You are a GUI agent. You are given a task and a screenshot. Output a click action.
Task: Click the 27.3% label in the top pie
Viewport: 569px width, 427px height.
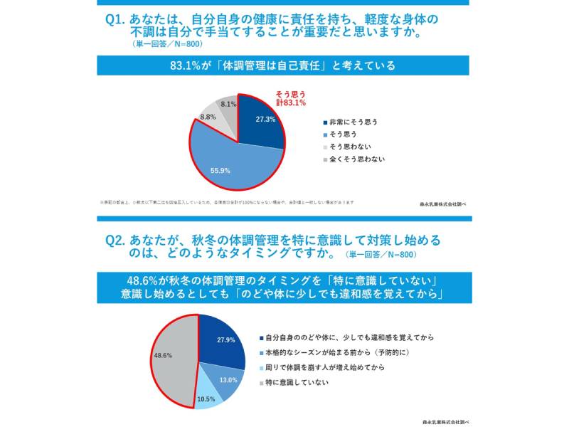[x=265, y=119]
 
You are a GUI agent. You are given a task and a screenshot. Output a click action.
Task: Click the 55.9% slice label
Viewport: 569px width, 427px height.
[x=220, y=171]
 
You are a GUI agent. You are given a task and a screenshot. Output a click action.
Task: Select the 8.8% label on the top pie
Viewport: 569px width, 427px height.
[x=208, y=116]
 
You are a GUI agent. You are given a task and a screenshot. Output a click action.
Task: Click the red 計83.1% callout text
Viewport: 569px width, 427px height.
[x=291, y=102]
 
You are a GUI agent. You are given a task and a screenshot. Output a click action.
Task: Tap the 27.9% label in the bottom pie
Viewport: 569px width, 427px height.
[x=225, y=339]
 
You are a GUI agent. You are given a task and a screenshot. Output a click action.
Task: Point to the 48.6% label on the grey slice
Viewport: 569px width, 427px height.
[x=162, y=354]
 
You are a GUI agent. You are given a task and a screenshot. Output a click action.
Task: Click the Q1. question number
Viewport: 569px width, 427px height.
[x=116, y=19]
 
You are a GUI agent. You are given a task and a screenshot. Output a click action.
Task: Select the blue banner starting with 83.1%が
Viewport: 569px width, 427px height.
[x=282, y=65]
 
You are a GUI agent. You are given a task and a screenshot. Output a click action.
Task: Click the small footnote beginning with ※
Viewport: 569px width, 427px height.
[x=226, y=202]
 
